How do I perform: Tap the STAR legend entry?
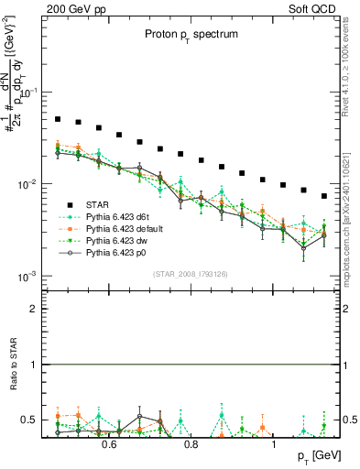[98, 205]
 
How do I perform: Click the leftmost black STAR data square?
[58, 119]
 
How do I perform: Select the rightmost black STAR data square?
[324, 196]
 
